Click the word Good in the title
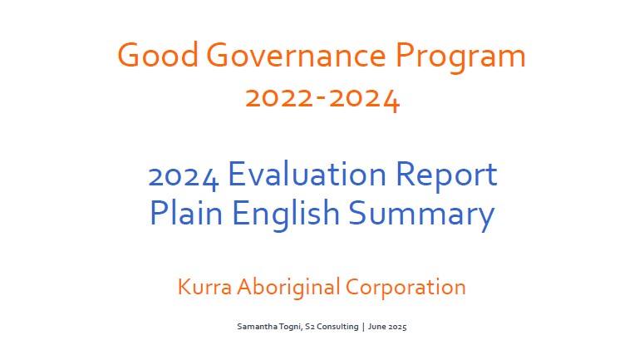(158, 55)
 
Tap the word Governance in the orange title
(296, 55)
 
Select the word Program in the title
(460, 57)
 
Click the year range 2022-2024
(322, 98)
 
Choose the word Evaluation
(307, 174)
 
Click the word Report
(446, 176)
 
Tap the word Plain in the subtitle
(186, 213)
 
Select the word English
(286, 215)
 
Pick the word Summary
(421, 215)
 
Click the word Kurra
(204, 287)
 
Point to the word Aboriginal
(288, 288)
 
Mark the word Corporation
(406, 288)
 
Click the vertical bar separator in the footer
(363, 327)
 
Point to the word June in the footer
(376, 327)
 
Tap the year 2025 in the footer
(397, 327)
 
